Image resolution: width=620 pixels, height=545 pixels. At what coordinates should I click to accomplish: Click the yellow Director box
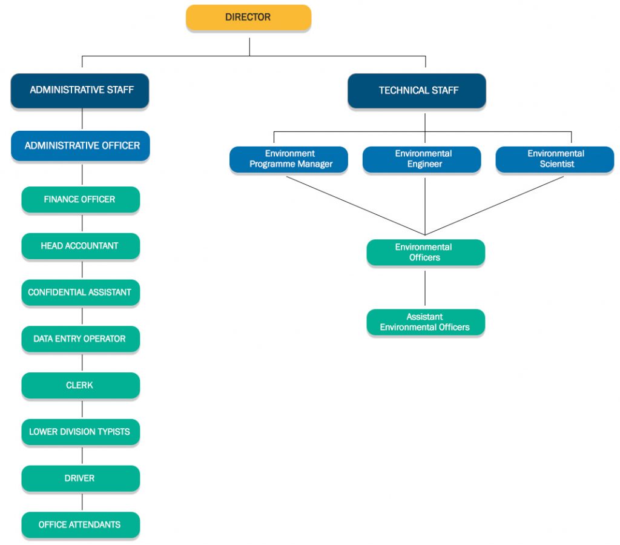248,18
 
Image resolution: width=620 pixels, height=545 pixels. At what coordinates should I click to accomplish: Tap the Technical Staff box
417,91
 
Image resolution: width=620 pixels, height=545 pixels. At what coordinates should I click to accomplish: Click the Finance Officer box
81,200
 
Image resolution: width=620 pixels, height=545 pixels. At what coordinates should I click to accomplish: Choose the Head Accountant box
81,246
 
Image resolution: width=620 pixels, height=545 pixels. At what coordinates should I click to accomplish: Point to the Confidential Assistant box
81,292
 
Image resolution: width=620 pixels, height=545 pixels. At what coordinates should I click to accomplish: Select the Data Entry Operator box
81,339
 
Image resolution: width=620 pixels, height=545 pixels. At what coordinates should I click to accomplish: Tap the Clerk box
81,386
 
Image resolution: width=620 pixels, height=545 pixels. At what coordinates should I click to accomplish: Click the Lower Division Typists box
81,432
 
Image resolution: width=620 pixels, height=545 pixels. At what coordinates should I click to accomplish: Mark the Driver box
81,478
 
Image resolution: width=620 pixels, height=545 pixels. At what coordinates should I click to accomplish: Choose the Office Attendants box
81,525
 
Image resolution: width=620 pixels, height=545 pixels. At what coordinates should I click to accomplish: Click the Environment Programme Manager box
289,159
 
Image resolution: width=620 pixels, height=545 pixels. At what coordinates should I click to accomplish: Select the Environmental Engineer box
422,159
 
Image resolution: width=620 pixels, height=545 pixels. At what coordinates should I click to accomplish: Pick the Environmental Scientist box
555,159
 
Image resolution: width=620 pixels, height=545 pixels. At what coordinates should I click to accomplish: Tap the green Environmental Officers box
426,253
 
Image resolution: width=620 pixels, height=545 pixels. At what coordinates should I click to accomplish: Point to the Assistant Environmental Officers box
426,322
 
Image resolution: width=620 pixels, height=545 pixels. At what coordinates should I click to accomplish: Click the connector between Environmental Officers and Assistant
425,288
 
